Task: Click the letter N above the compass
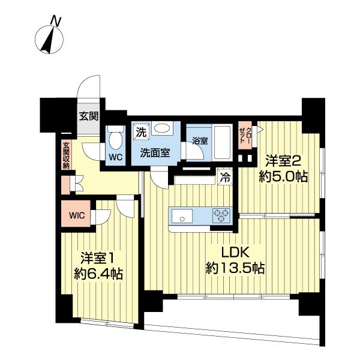[55, 21]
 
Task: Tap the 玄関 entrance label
[89, 116]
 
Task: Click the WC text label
[115, 157]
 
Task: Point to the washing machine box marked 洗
[141, 132]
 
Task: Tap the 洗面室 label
[155, 152]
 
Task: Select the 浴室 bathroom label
[200, 141]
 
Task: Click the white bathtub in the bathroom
[222, 142]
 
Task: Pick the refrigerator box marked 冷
[225, 177]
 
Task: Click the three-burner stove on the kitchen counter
[221, 215]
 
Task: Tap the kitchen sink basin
[182, 216]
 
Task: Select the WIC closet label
[77, 215]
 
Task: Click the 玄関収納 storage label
[66, 156]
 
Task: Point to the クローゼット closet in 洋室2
[245, 135]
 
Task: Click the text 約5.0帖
[283, 177]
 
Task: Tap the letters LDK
[235, 253]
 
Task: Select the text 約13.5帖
[235, 268]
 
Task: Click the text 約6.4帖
[98, 274]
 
